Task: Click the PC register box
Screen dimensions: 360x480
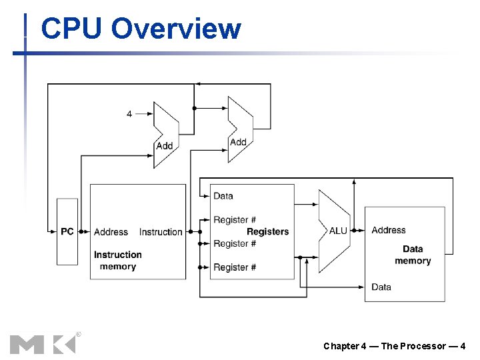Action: point(67,231)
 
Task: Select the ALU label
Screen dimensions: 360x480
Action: point(338,231)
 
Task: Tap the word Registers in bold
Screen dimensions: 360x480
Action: point(267,231)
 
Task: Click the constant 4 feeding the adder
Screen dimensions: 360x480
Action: point(129,114)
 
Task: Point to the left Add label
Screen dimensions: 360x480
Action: point(164,145)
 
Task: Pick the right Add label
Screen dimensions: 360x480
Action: point(238,142)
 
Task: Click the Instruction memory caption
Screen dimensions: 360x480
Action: point(117,261)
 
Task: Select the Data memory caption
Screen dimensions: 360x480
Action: point(413,255)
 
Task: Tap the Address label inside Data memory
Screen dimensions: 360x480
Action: point(389,230)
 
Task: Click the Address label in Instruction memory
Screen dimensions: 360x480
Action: point(111,232)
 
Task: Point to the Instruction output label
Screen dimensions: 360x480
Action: point(161,232)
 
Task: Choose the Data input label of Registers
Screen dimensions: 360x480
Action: point(223,196)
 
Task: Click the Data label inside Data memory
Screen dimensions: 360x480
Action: point(381,287)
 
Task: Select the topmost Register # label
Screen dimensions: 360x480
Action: point(235,219)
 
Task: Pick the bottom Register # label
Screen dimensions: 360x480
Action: point(235,267)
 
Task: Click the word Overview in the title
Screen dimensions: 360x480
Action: point(176,29)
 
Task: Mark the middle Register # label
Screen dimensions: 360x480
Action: point(235,243)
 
